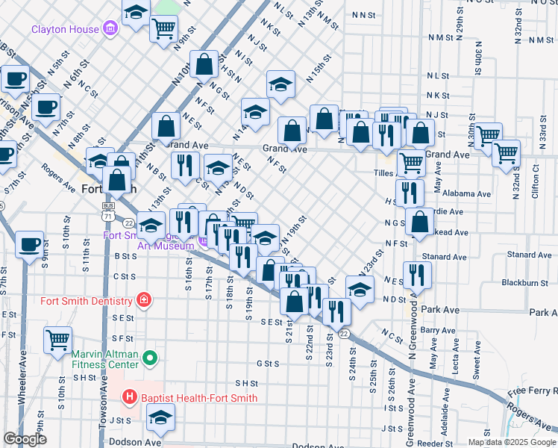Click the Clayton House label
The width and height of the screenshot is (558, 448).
(65, 30)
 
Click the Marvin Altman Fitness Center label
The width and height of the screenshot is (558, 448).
(105, 359)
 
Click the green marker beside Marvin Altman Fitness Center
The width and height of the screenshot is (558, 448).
(150, 359)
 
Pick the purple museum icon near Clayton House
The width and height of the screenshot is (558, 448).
(110, 30)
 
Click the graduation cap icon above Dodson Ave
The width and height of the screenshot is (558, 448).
(160, 419)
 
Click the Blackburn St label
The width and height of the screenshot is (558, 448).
(519, 283)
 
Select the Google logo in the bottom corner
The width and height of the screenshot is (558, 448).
(25, 439)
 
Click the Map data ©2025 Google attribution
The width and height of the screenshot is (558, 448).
(512, 442)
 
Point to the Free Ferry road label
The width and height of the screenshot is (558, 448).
(531, 391)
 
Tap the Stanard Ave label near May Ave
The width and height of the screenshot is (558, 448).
(449, 256)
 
